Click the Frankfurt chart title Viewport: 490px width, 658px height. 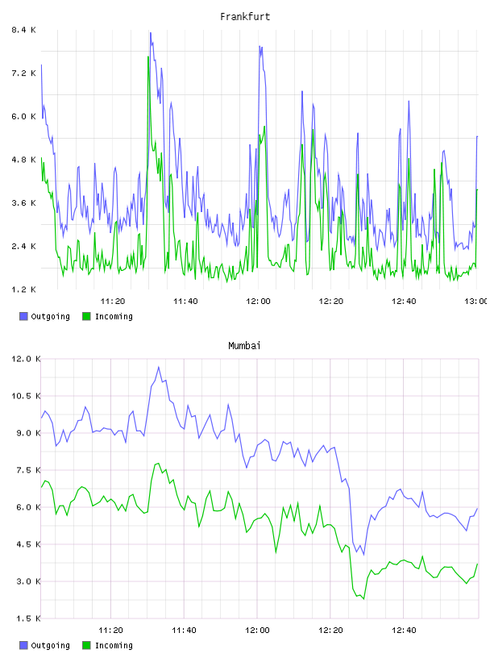pyautogui.click(x=245, y=17)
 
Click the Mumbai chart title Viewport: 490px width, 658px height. pyautogui.click(x=244, y=346)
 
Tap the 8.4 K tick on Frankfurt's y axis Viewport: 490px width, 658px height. pyautogui.click(x=23, y=30)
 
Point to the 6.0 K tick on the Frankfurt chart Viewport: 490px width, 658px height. pyautogui.click(x=23, y=116)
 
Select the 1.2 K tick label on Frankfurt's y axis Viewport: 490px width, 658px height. pyautogui.click(x=23, y=289)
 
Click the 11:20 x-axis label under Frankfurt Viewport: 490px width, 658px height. pyautogui.click(x=113, y=301)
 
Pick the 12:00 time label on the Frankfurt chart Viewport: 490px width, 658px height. pyautogui.click(x=258, y=301)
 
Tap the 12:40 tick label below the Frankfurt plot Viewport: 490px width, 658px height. pyautogui.click(x=404, y=301)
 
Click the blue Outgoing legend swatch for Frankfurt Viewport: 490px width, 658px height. pyautogui.click(x=23, y=316)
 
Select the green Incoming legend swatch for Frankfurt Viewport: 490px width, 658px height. pyautogui.click(x=86, y=316)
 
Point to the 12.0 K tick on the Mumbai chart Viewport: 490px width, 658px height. pyautogui.click(x=26, y=359)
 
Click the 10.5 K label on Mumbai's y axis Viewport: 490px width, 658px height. pyautogui.click(x=26, y=396)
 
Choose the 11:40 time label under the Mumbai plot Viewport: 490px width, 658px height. pyautogui.click(x=184, y=630)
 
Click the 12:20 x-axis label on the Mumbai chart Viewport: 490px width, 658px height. pyautogui.click(x=330, y=630)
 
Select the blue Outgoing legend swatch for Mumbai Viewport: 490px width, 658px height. pyautogui.click(x=23, y=645)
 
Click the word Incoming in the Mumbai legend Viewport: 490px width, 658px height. pyautogui.click(x=114, y=646)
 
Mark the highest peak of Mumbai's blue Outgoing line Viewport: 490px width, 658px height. pyautogui.click(x=159, y=367)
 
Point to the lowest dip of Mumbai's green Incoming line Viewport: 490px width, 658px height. pyautogui.click(x=363, y=599)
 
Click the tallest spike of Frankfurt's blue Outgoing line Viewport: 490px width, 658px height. pyautogui.click(x=150, y=33)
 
